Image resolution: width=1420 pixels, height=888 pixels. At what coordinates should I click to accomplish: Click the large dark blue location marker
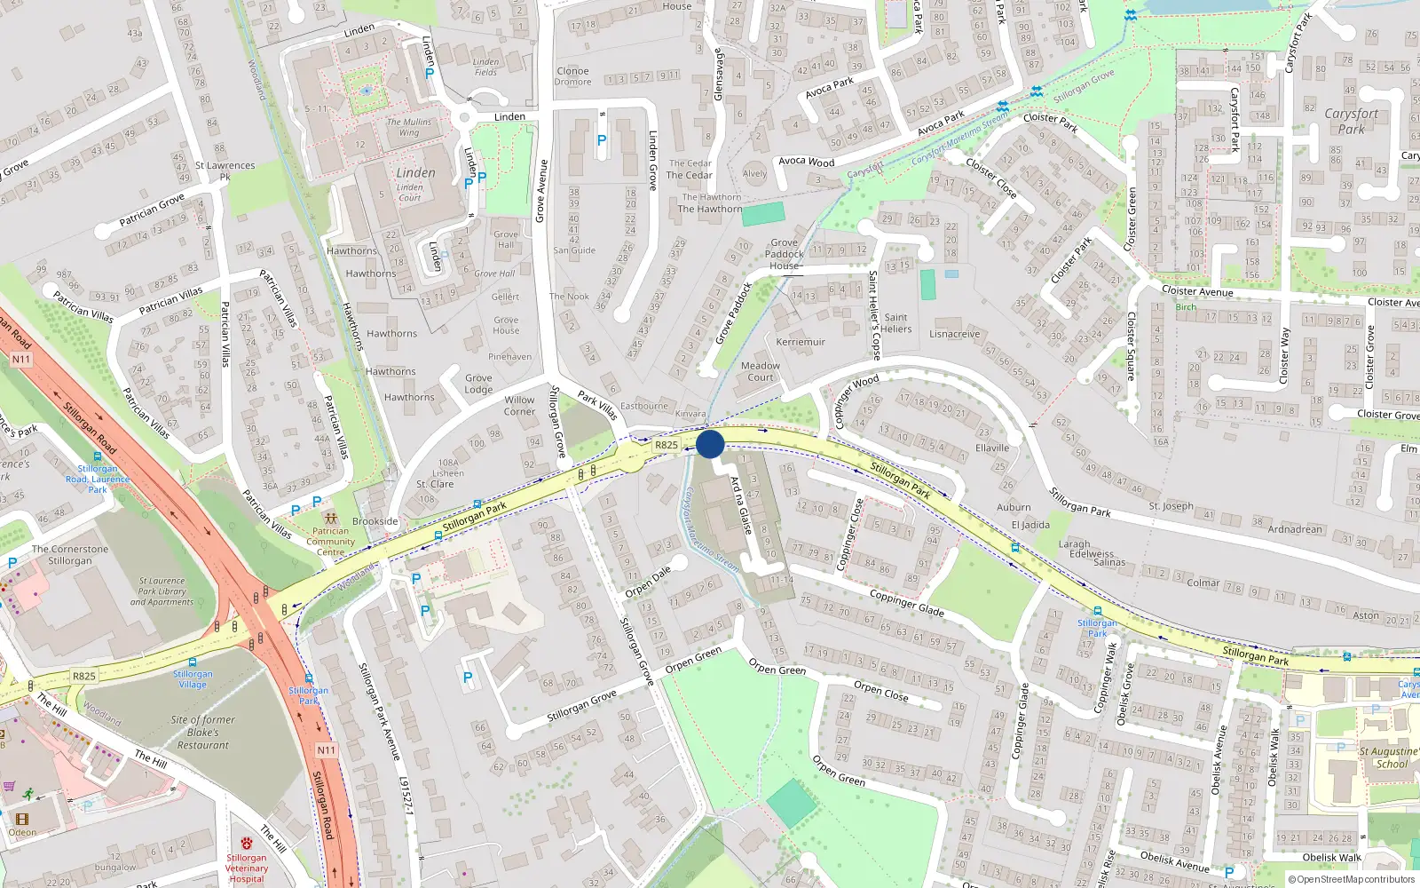point(710,444)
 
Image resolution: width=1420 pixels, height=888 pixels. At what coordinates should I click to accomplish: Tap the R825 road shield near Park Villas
point(667,445)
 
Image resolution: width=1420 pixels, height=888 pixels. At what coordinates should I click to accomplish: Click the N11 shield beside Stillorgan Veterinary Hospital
point(327,750)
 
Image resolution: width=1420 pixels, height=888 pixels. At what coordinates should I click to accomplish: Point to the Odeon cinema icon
point(22,819)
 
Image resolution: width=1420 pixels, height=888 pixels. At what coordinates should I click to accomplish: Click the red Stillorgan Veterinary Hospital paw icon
point(247,843)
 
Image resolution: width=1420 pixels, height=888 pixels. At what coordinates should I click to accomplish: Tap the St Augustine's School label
point(1390,757)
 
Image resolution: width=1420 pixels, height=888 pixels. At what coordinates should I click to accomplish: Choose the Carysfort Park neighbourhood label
point(1351,121)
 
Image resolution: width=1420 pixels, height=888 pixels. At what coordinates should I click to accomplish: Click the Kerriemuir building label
point(801,342)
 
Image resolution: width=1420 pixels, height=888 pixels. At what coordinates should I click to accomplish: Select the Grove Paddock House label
point(785,254)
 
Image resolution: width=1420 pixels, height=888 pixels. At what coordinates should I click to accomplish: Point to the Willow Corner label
point(519,405)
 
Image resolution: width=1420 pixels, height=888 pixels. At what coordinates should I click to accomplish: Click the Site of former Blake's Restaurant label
point(203,733)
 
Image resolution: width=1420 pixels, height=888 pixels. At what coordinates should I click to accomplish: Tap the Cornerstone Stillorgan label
point(70,555)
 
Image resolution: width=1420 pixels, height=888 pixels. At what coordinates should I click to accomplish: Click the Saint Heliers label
point(896,323)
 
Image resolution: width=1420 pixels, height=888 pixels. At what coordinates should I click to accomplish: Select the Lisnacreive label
point(955,335)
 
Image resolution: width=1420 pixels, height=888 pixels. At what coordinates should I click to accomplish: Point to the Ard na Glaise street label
point(741,505)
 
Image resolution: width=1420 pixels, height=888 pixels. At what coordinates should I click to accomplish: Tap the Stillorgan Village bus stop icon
point(193,662)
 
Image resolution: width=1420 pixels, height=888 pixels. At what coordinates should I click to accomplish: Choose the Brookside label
point(375,521)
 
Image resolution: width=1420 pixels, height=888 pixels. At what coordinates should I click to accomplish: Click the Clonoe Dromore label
point(572,76)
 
